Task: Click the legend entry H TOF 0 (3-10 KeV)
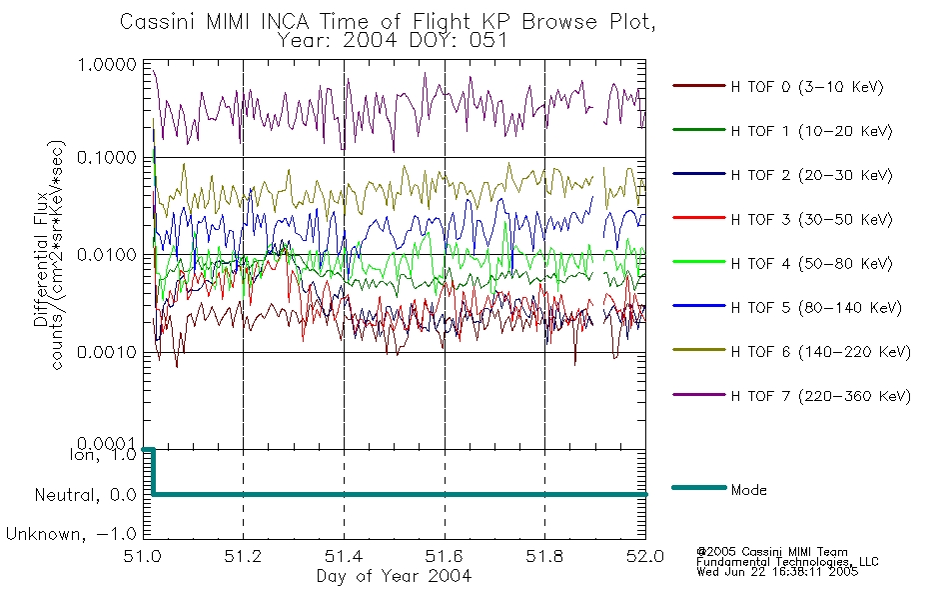(807, 87)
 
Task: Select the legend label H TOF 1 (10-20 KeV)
(811, 131)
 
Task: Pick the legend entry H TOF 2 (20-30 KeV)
(811, 175)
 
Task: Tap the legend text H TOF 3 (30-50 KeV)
(811, 219)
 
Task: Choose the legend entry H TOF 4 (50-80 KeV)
(811, 264)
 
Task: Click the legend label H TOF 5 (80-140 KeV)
(816, 308)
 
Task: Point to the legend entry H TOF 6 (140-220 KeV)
(820, 352)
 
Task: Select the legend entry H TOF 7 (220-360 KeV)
(820, 396)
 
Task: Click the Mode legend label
(748, 490)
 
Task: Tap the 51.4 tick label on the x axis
(344, 556)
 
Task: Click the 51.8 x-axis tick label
(544, 556)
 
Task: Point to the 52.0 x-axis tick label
(645, 556)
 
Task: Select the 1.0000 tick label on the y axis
(107, 64)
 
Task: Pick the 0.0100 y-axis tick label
(107, 255)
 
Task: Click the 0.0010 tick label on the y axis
(107, 352)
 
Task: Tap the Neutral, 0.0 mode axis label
(85, 495)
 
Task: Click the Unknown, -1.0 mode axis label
(71, 534)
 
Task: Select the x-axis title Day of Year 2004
(394, 576)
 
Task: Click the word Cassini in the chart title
(158, 22)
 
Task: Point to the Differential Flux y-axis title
(41, 259)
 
